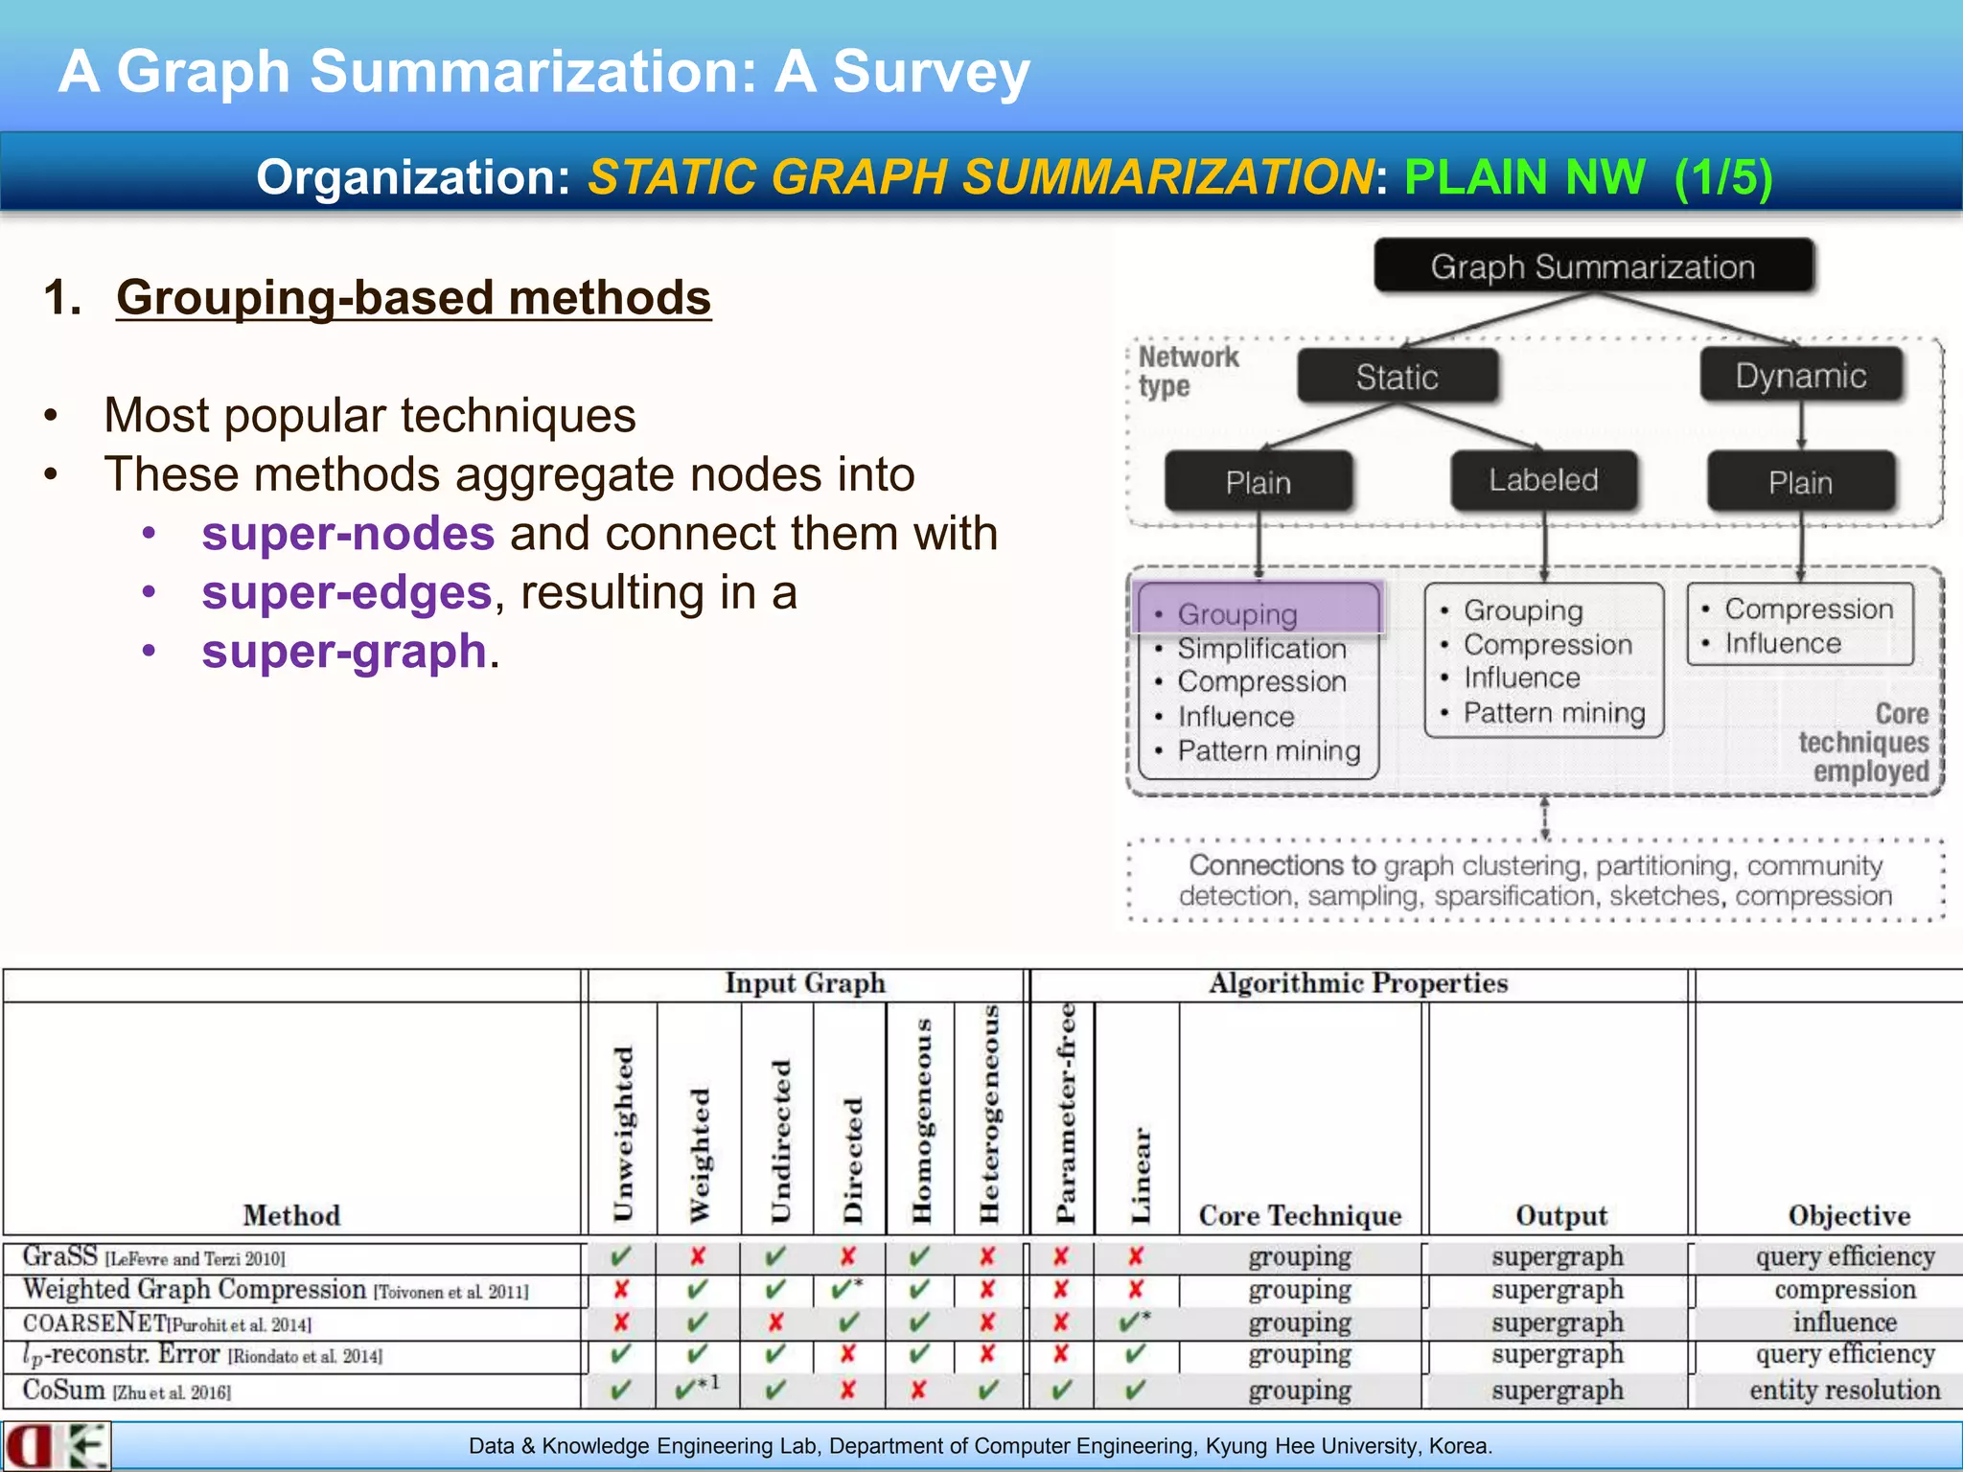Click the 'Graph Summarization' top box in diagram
tap(1593, 266)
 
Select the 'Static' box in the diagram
tap(1397, 377)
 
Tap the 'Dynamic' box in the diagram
tap(1800, 376)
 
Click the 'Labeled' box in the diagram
tap(1543, 480)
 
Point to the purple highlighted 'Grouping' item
tap(1258, 611)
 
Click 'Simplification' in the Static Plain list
tap(1261, 649)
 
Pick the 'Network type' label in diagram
tap(1188, 371)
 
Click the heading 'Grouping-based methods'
tap(413, 297)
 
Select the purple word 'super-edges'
tap(346, 592)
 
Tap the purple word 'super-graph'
tap(344, 652)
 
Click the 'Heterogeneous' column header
tap(989, 1115)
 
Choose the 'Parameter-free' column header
tap(1065, 1115)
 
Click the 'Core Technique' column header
tap(1300, 1215)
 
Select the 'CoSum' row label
tap(63, 1390)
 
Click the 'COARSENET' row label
tap(94, 1322)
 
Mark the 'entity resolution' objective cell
tap(1844, 1390)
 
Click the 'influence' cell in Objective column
tap(1844, 1322)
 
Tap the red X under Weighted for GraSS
tap(698, 1255)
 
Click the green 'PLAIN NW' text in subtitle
tap(1524, 177)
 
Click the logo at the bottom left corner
tap(56, 1446)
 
